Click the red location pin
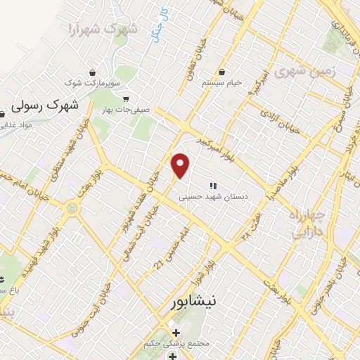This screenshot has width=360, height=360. (x=181, y=166)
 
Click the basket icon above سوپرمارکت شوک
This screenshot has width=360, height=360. (x=93, y=72)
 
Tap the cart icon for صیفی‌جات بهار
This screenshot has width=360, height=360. (x=126, y=99)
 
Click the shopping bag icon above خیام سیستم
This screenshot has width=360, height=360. (x=222, y=72)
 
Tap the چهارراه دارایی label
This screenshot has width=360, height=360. (x=307, y=222)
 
